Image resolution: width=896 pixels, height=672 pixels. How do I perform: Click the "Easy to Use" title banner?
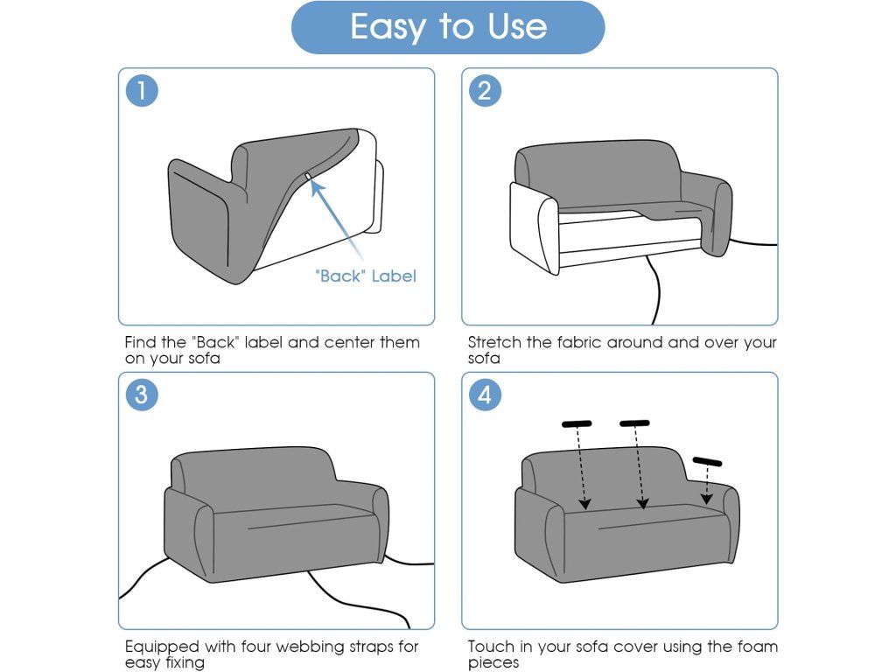point(448,27)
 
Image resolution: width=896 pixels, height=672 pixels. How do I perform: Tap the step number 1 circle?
point(142,90)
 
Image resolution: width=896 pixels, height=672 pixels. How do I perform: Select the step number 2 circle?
point(485,90)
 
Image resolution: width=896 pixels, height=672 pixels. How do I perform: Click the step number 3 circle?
point(142,395)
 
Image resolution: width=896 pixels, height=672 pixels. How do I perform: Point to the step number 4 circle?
point(485,395)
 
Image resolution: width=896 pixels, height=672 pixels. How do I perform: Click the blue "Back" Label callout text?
point(366,276)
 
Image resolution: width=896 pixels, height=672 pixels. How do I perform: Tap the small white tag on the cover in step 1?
point(308,177)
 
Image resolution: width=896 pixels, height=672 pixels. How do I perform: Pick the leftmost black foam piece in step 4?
point(577,424)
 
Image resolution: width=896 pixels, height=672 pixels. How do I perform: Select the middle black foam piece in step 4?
point(634,423)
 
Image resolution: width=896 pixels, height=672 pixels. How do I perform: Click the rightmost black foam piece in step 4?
point(707,461)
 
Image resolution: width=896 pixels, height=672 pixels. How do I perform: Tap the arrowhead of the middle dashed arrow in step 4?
point(643,503)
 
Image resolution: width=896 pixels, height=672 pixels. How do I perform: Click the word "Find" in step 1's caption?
point(141,342)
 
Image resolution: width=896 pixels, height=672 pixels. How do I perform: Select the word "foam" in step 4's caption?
point(758,647)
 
